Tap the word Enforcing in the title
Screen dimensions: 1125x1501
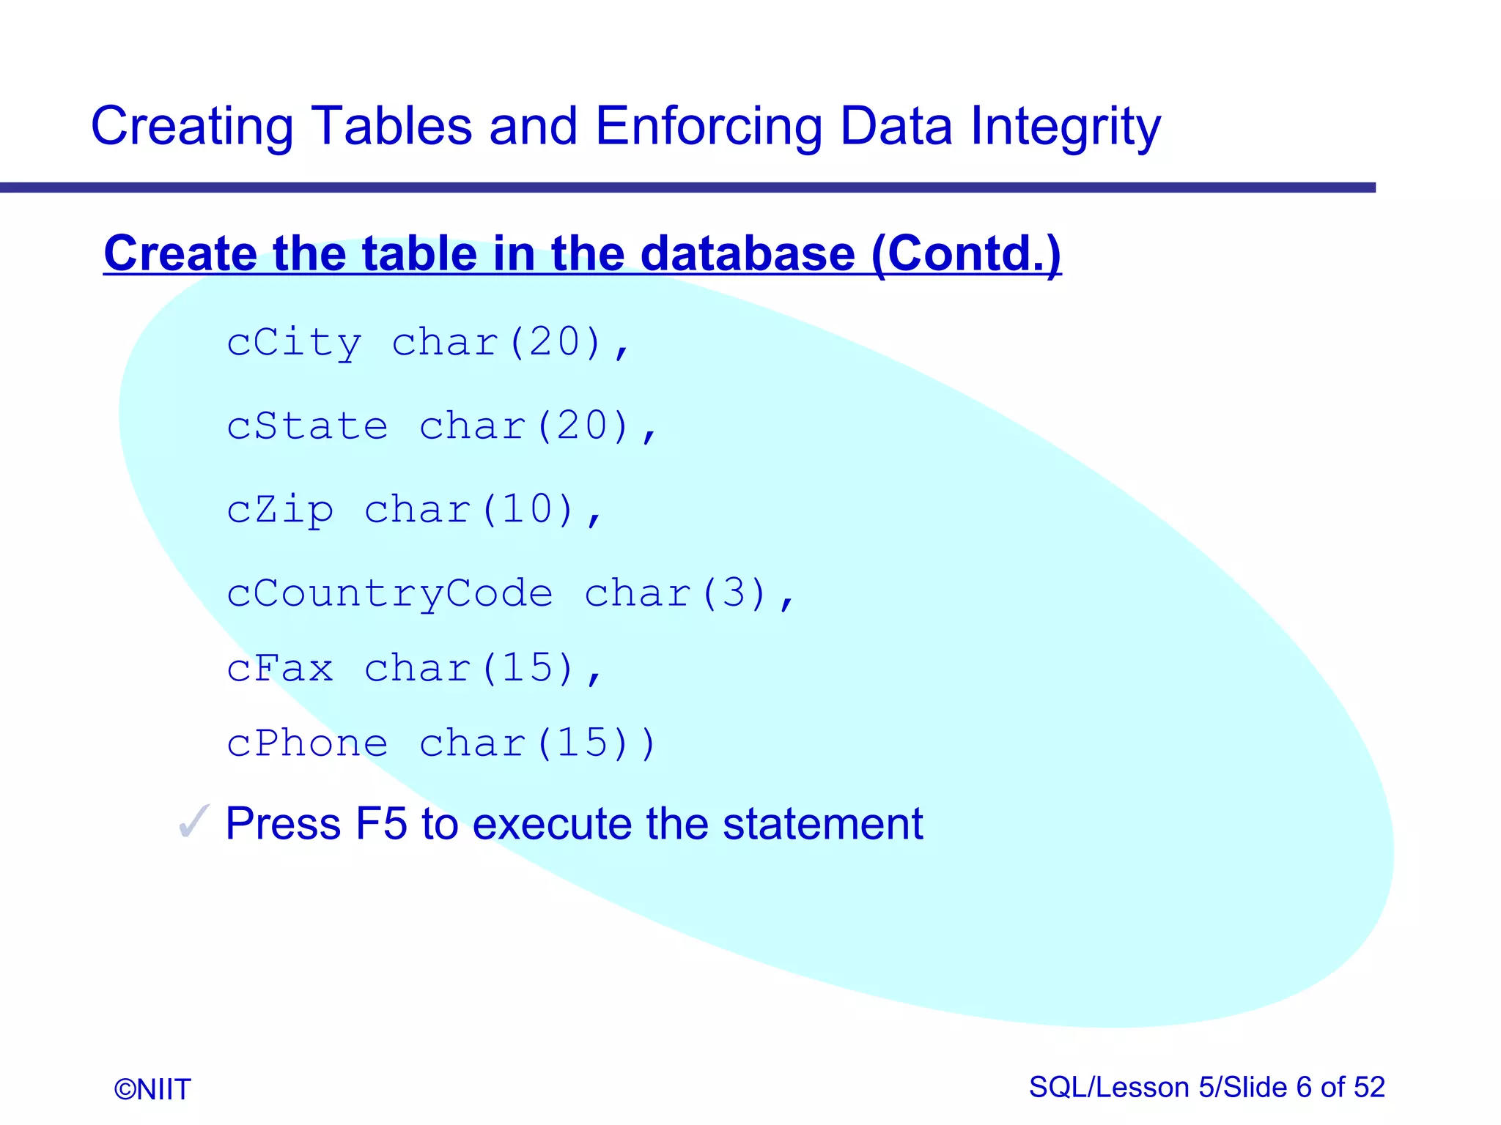click(x=708, y=126)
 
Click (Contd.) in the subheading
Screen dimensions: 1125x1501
click(x=966, y=253)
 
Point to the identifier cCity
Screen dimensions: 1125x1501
click(x=294, y=343)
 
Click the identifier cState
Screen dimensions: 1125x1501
click(x=307, y=426)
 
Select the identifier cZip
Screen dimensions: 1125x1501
click(x=280, y=510)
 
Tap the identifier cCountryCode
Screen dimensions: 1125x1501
click(x=389, y=593)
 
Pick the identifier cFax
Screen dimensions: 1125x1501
click(x=280, y=669)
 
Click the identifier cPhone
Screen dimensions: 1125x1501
click(x=307, y=744)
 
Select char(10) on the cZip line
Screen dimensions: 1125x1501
click(x=469, y=510)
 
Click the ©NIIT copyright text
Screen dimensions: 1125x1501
click(x=152, y=1089)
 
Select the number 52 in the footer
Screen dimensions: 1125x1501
click(x=1369, y=1087)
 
